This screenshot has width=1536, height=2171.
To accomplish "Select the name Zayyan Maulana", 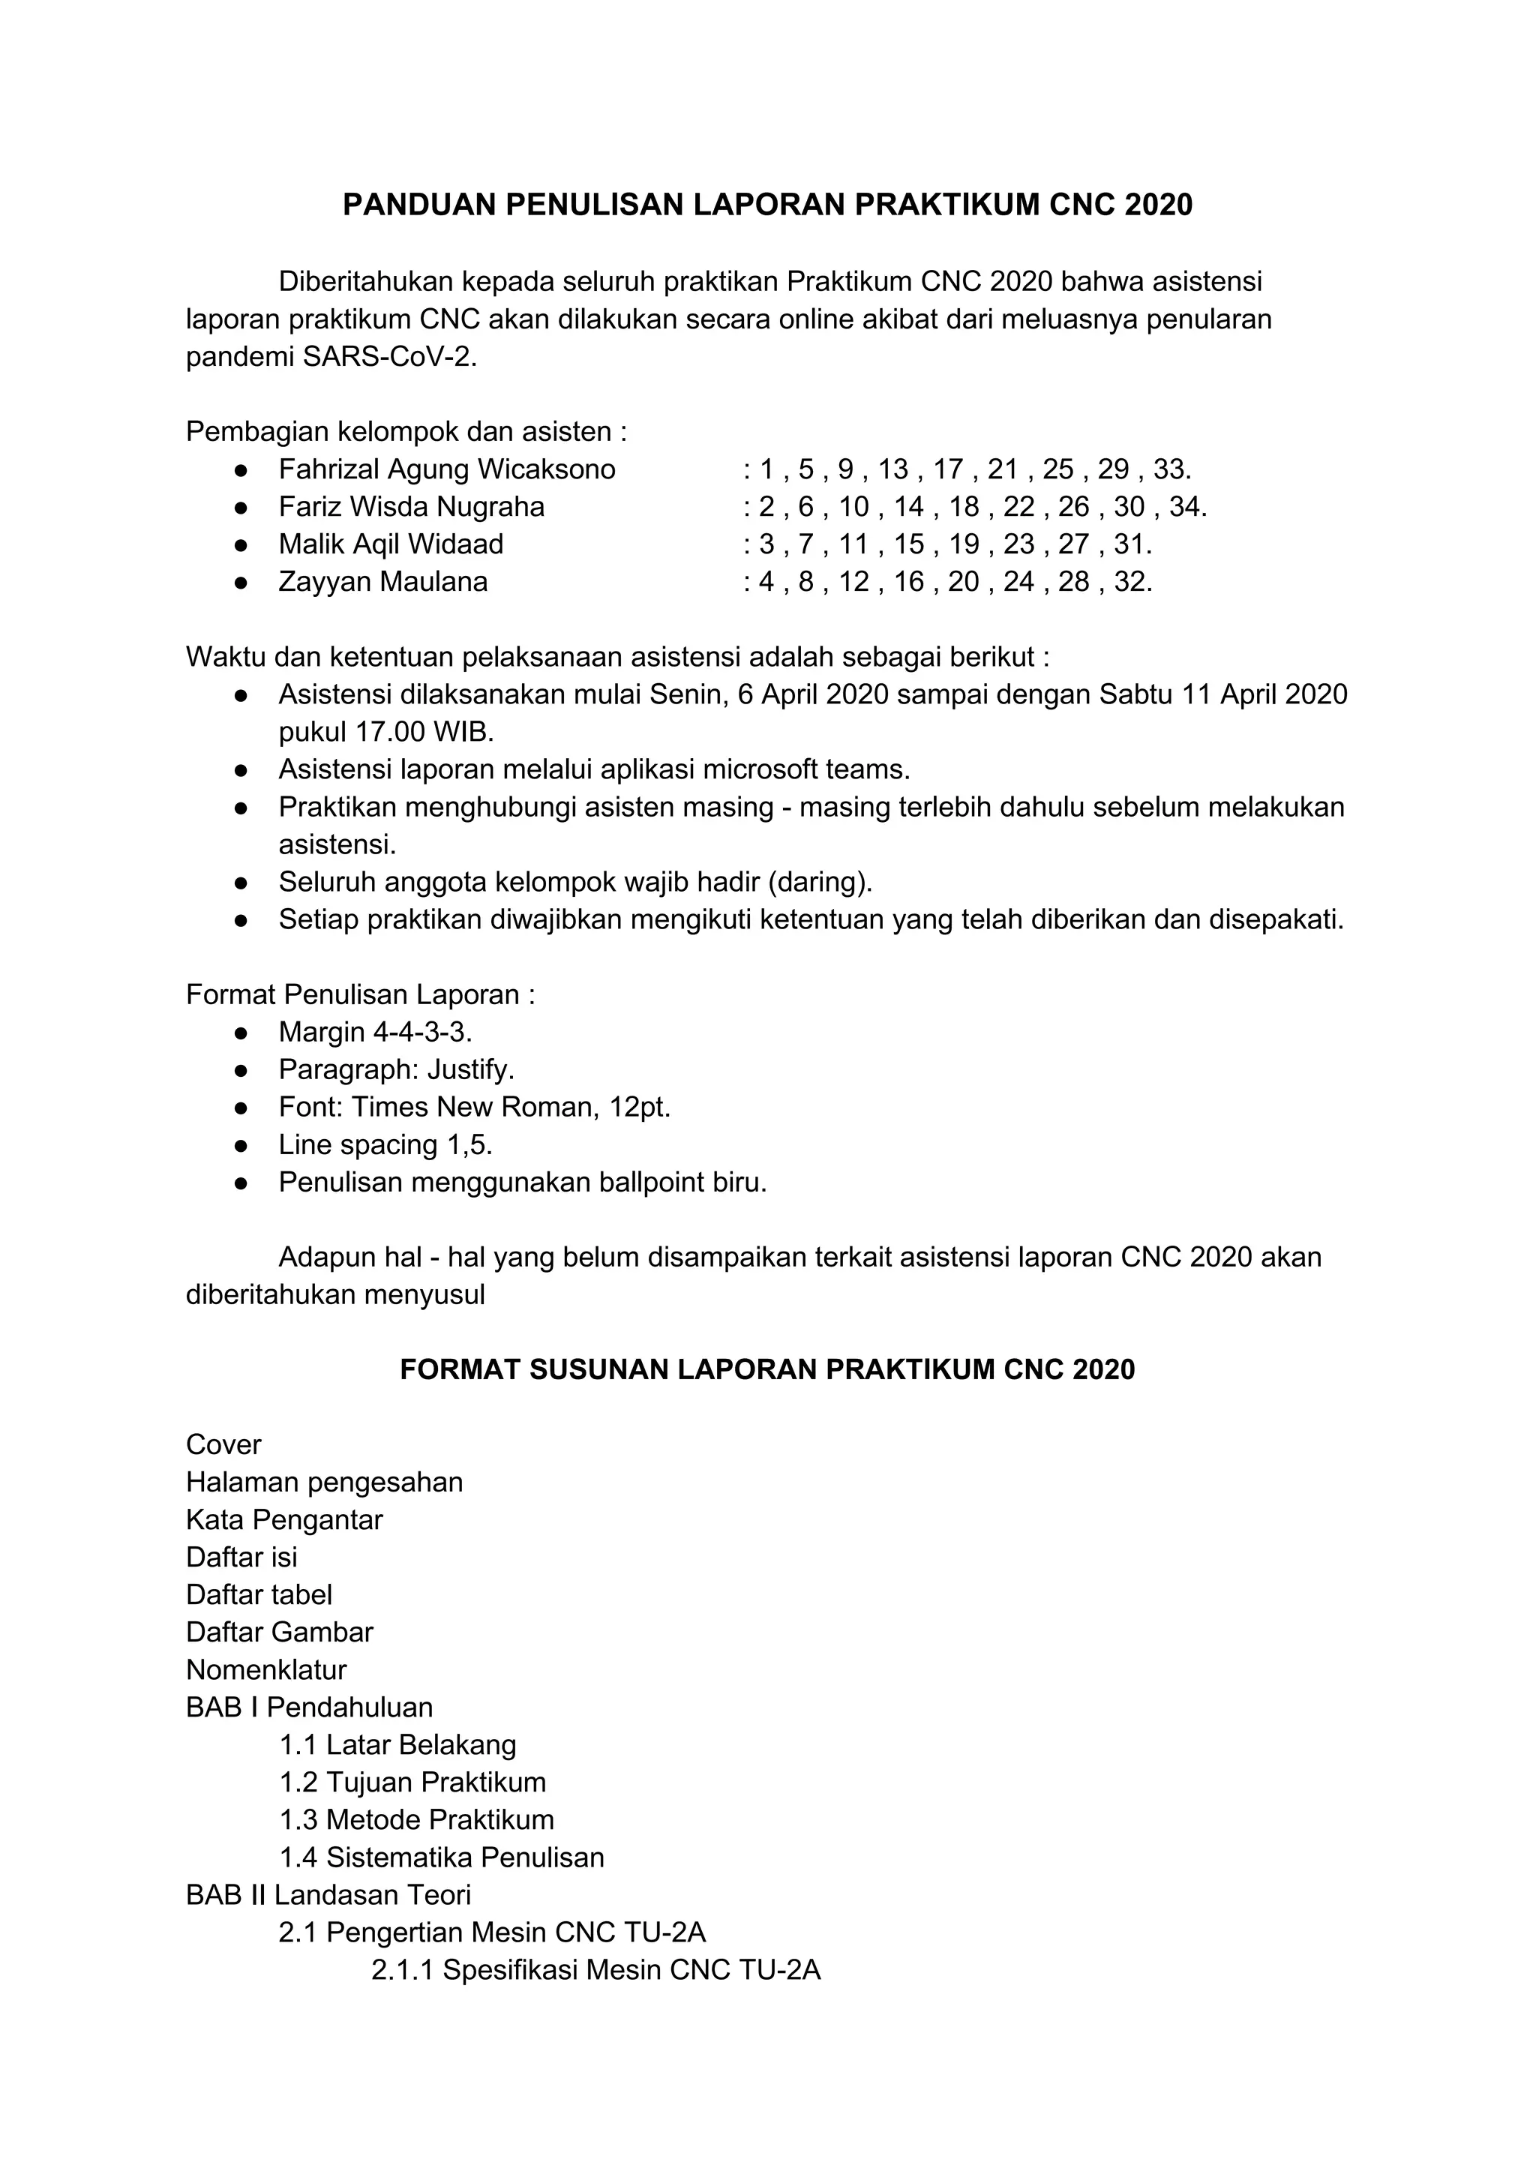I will tap(383, 581).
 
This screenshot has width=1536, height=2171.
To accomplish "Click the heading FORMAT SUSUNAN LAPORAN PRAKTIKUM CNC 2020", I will tap(767, 1370).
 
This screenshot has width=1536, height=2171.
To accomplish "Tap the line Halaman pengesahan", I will tap(325, 1482).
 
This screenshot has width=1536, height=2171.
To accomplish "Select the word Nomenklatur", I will tap(267, 1670).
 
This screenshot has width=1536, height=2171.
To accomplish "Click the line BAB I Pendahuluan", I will tap(309, 1707).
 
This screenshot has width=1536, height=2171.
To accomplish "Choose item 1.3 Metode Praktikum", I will tap(416, 1819).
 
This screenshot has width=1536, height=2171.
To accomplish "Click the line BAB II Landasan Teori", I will tap(328, 1895).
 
